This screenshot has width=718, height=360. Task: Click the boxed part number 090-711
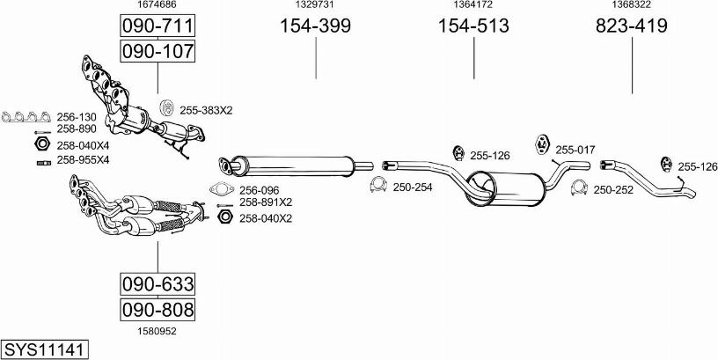158,26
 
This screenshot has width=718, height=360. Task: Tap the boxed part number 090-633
158,284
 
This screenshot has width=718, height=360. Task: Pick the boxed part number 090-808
158,310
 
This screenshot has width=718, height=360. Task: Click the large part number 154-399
316,26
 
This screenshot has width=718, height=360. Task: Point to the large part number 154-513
473,26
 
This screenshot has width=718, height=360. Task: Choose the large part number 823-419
632,26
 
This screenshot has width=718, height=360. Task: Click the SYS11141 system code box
45,350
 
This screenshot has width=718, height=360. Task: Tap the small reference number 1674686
158,4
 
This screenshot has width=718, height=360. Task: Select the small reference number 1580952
158,331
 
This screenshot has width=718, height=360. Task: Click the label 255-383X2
206,110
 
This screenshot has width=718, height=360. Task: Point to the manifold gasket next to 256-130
26,117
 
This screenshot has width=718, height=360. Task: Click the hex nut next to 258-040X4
42,143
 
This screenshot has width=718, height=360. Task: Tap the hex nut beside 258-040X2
224,217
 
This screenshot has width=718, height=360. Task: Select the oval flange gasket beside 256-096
222,188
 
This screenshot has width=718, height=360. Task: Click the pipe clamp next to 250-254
377,185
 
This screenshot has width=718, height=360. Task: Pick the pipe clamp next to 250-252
579,187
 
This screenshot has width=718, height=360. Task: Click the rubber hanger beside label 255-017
542,143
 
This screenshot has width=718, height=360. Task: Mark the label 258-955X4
83,160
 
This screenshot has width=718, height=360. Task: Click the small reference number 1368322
632,4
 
